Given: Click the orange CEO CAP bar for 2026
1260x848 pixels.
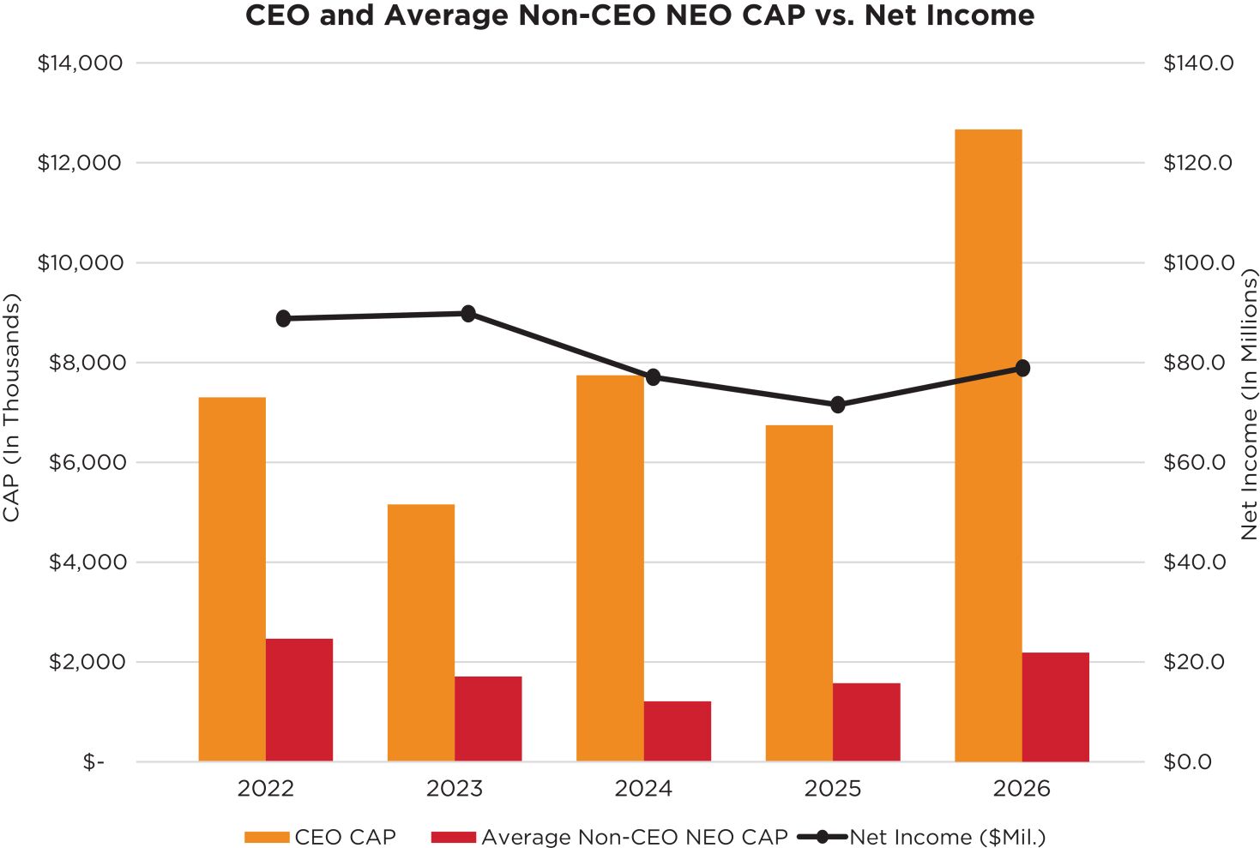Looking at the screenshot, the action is pyautogui.click(x=988, y=445).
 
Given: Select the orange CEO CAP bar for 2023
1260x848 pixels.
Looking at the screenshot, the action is pyautogui.click(x=421, y=633).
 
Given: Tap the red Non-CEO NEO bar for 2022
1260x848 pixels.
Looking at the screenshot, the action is pyautogui.click(x=299, y=701).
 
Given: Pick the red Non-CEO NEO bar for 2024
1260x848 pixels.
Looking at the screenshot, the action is pyautogui.click(x=678, y=731).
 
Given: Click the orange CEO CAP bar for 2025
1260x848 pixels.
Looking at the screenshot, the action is pyautogui.click(x=799, y=593).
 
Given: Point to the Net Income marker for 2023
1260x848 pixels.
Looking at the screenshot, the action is pyautogui.click(x=468, y=314).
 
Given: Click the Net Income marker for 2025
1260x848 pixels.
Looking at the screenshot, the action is pyautogui.click(x=837, y=405).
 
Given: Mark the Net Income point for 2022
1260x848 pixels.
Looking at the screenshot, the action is pyautogui.click(x=284, y=319).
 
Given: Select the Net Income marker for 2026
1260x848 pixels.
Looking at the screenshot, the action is pyautogui.click(x=1022, y=369).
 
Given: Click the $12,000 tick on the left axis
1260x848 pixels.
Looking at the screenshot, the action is pyautogui.click(x=79, y=163).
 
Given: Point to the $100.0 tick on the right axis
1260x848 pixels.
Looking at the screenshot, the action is pyautogui.click(x=1199, y=262).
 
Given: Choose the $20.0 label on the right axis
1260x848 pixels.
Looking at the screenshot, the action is pyautogui.click(x=1194, y=662).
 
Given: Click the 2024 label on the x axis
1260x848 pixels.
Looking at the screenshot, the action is pyautogui.click(x=643, y=789).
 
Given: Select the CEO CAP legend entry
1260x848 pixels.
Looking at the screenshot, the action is pyautogui.click(x=321, y=837).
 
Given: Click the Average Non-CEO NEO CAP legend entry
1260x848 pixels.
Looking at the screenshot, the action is pyautogui.click(x=610, y=837).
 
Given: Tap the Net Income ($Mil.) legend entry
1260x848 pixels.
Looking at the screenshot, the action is pyautogui.click(x=922, y=837).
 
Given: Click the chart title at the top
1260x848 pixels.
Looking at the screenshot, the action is pyautogui.click(x=640, y=15).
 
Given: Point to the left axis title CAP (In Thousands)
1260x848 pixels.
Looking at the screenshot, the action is pyautogui.click(x=10, y=407).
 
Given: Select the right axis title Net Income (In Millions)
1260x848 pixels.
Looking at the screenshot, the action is pyautogui.click(x=1249, y=404).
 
